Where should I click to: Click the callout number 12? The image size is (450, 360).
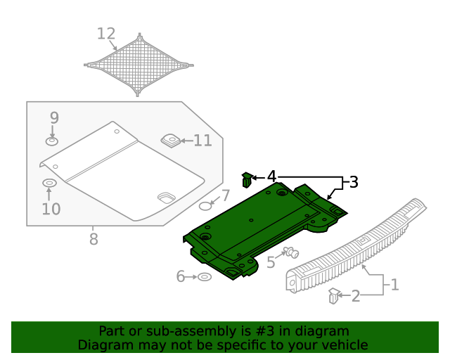click(x=106, y=34)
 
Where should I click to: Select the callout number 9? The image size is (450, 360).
click(x=54, y=118)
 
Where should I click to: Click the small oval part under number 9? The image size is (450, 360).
click(x=52, y=142)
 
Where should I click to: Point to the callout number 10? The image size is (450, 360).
click(x=51, y=209)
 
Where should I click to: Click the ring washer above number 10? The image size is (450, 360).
click(x=49, y=184)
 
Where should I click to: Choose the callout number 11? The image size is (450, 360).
click(x=202, y=141)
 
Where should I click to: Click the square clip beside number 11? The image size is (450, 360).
click(x=170, y=141)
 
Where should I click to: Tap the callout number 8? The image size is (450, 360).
click(x=94, y=240)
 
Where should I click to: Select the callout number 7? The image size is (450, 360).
click(x=225, y=195)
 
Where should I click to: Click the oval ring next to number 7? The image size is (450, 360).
click(x=205, y=206)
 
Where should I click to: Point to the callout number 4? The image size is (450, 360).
click(x=271, y=176)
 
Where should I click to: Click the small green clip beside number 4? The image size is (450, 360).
click(x=247, y=180)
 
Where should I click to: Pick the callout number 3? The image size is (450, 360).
click(x=353, y=183)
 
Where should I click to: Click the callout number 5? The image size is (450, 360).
click(x=271, y=263)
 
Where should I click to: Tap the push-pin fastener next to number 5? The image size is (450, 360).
click(x=290, y=252)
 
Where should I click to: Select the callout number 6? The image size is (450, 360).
click(x=181, y=277)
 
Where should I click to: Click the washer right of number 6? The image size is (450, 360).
click(x=204, y=277)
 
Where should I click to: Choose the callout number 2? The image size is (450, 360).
click(x=356, y=296)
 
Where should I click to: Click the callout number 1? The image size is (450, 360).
click(x=394, y=285)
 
